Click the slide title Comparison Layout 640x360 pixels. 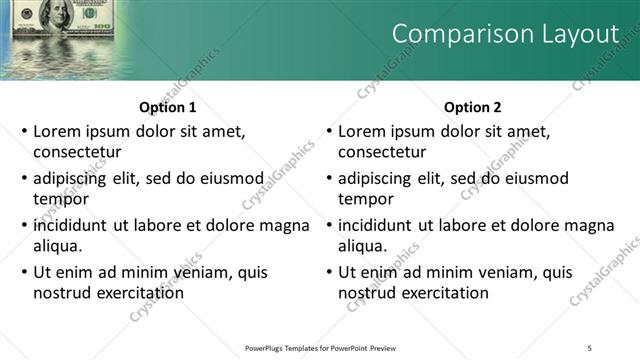pyautogui.click(x=505, y=34)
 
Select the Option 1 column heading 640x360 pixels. pyautogui.click(x=167, y=108)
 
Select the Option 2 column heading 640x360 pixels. pyautogui.click(x=472, y=108)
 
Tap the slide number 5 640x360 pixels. pyautogui.click(x=590, y=347)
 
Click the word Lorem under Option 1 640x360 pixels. pyautogui.click(x=57, y=131)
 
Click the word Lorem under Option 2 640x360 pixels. pyautogui.click(x=362, y=131)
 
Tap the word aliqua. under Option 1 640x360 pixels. pyautogui.click(x=58, y=246)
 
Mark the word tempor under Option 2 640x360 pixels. pyautogui.click(x=366, y=199)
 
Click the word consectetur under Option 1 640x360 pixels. pyautogui.click(x=78, y=152)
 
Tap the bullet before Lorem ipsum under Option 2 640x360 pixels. pyautogui.click(x=328, y=131)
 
